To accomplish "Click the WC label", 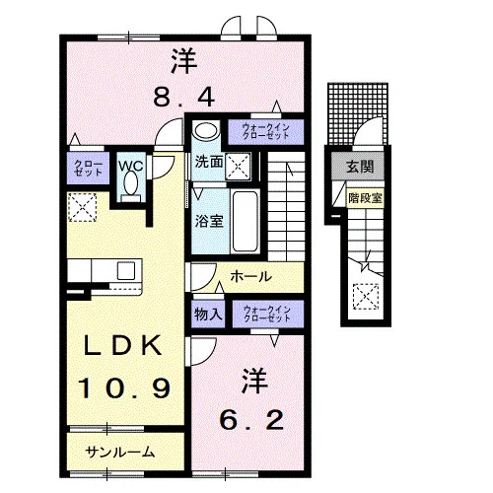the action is coord(131,166).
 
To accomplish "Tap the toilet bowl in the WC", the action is coord(131,184).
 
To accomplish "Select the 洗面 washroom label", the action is coord(209,162).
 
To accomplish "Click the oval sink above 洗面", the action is coord(206,130).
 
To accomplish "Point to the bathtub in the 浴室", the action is coord(245,221).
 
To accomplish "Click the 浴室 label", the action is coord(209,221).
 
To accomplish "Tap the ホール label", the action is coord(250,276).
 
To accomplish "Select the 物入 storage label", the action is coord(208,315).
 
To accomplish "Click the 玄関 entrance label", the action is coord(360,167).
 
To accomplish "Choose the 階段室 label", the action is coord(365,198).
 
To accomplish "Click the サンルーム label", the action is coord(119,453).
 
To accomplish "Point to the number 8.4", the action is coord(184,97).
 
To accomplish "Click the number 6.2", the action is coord(251,420).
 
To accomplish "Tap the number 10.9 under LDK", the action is coord(124,387).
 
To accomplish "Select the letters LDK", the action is coord(123,345).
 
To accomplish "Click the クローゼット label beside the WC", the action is coord(88,168).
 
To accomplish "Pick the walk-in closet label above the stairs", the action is coord(265,131).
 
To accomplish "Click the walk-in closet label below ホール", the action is coord(267,314).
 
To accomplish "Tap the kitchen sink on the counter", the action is coord(126,270).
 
